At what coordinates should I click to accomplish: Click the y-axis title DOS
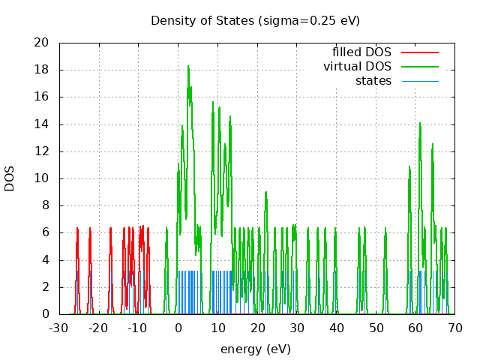[10, 178]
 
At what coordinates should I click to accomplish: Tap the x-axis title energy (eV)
[255, 349]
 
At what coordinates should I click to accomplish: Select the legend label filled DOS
[362, 52]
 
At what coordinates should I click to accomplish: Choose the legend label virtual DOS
[358, 67]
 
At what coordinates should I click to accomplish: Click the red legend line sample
[419, 52]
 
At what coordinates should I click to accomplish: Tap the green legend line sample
[419, 67]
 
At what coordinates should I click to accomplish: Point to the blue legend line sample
[419, 80]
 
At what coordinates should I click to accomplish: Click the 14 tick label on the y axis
[42, 124]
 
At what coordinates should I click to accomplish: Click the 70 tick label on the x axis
[454, 328]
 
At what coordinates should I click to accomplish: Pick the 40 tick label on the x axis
[336, 328]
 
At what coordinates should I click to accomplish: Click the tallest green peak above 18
[188, 67]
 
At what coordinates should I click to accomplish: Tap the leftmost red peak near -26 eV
[76, 228]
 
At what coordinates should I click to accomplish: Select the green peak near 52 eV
[385, 228]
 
